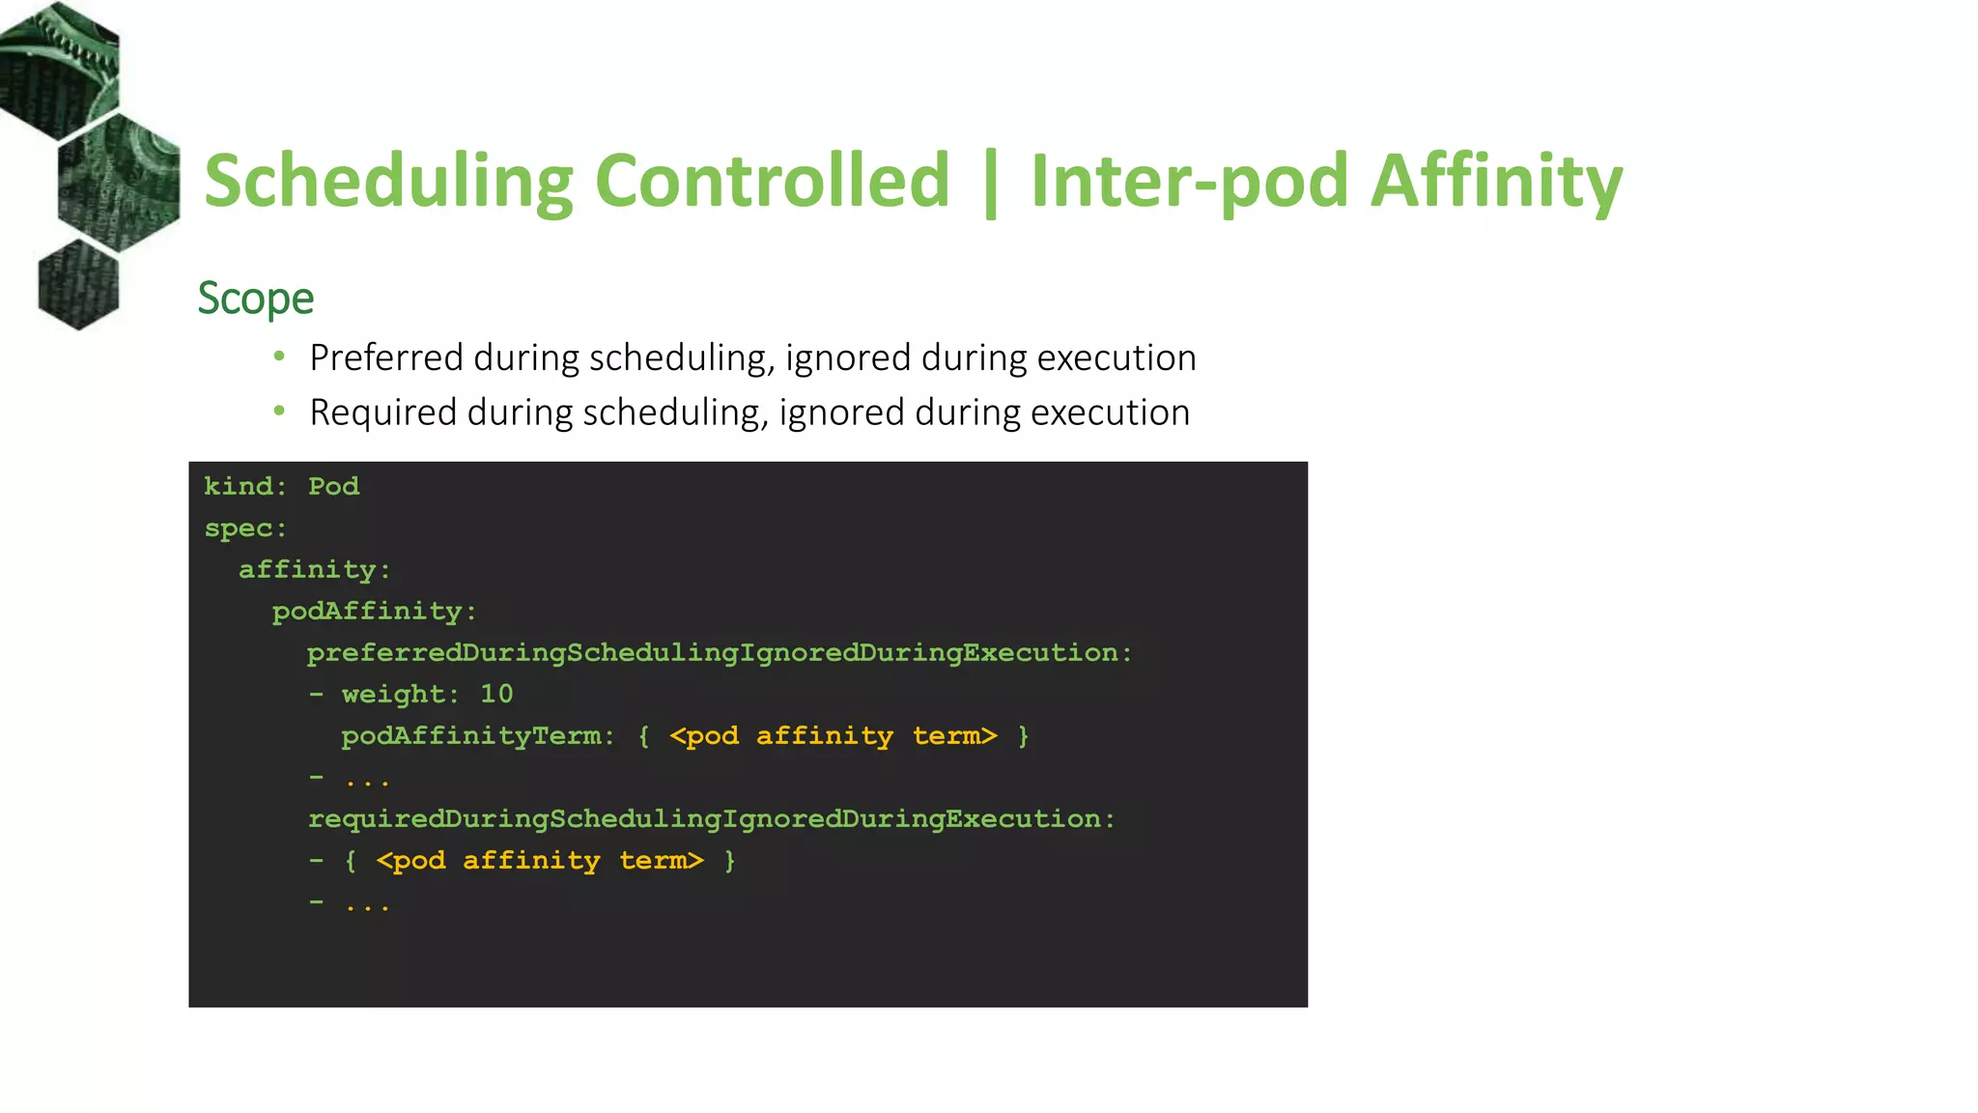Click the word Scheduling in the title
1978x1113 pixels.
pos(388,182)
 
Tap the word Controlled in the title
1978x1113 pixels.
pos(773,182)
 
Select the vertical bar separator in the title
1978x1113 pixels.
pos(990,184)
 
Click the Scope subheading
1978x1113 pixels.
pos(256,299)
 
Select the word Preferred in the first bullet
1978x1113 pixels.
pos(386,358)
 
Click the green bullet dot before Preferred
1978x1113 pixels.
pos(279,357)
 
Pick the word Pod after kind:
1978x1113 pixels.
pos(333,486)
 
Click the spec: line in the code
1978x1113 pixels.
pos(245,528)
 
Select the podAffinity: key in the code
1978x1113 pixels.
pos(374,612)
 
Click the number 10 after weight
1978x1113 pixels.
pos(496,694)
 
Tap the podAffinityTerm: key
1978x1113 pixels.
pos(477,736)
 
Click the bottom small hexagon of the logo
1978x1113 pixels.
pos(78,285)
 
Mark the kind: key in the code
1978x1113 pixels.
pos(244,486)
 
